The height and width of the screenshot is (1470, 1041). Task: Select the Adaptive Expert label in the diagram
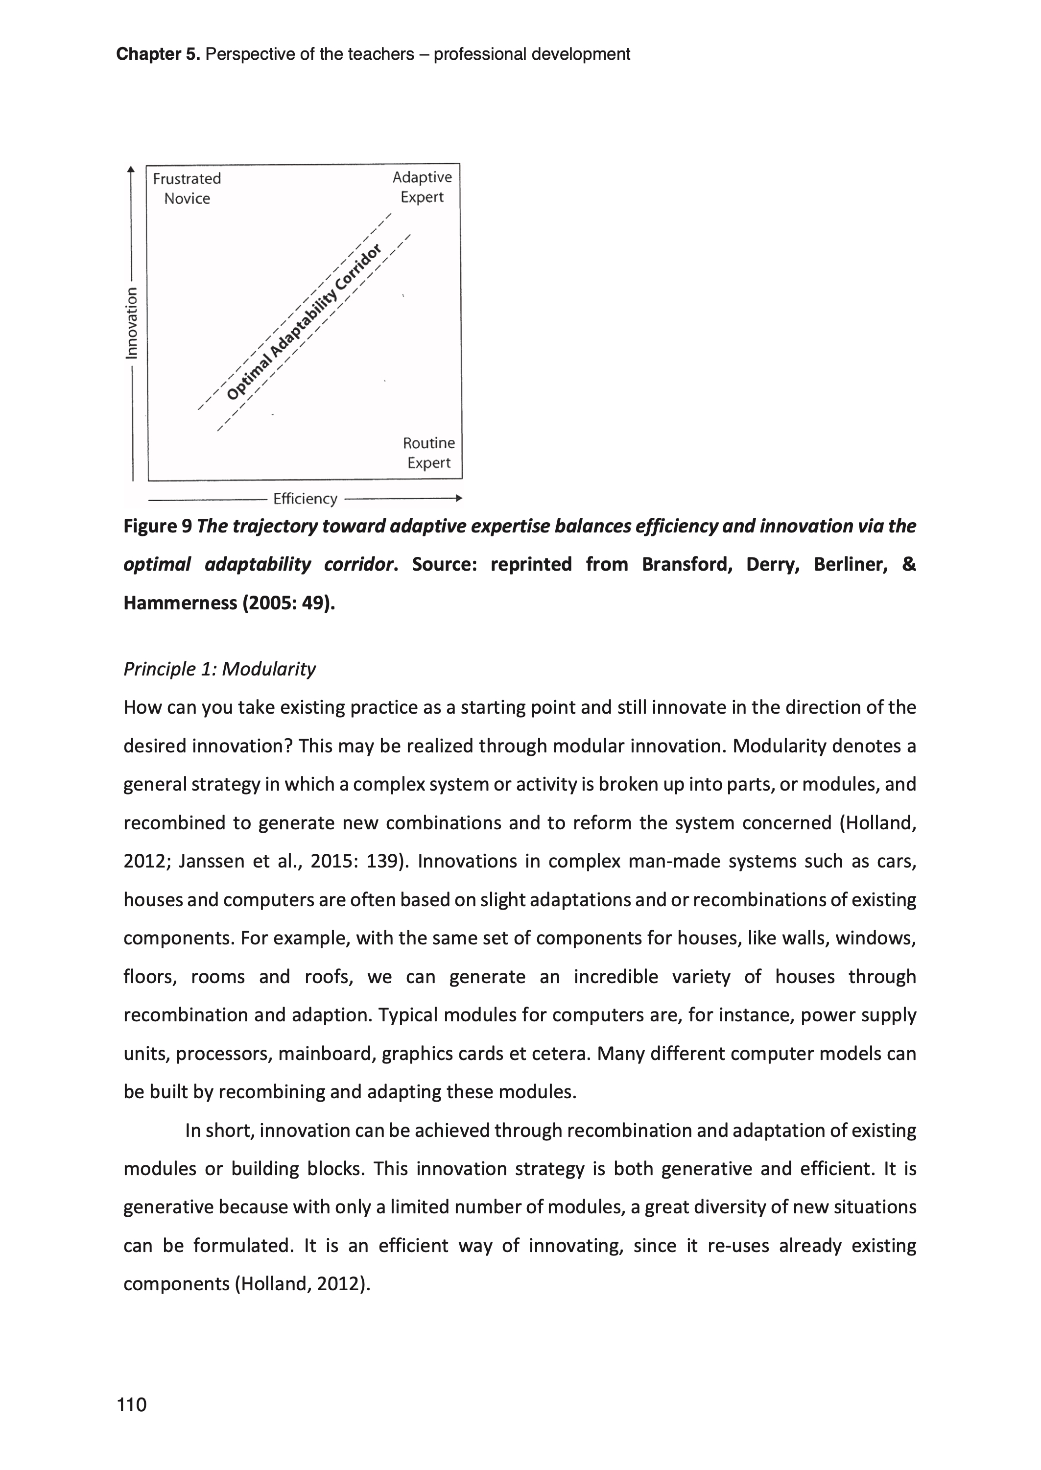pyautogui.click(x=422, y=187)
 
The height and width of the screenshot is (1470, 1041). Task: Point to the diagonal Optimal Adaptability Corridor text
pyautogui.click(x=304, y=322)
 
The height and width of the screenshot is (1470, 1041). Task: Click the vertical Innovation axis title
pyautogui.click(x=131, y=322)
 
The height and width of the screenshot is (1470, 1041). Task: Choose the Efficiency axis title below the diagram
pyautogui.click(x=305, y=499)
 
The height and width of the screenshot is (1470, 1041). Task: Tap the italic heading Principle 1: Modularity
pyautogui.click(x=219, y=669)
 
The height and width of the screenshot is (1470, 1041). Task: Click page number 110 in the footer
pyautogui.click(x=131, y=1405)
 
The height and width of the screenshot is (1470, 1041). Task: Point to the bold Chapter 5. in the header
pyautogui.click(x=158, y=54)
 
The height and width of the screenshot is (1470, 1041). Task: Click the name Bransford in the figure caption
pyautogui.click(x=686, y=565)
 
